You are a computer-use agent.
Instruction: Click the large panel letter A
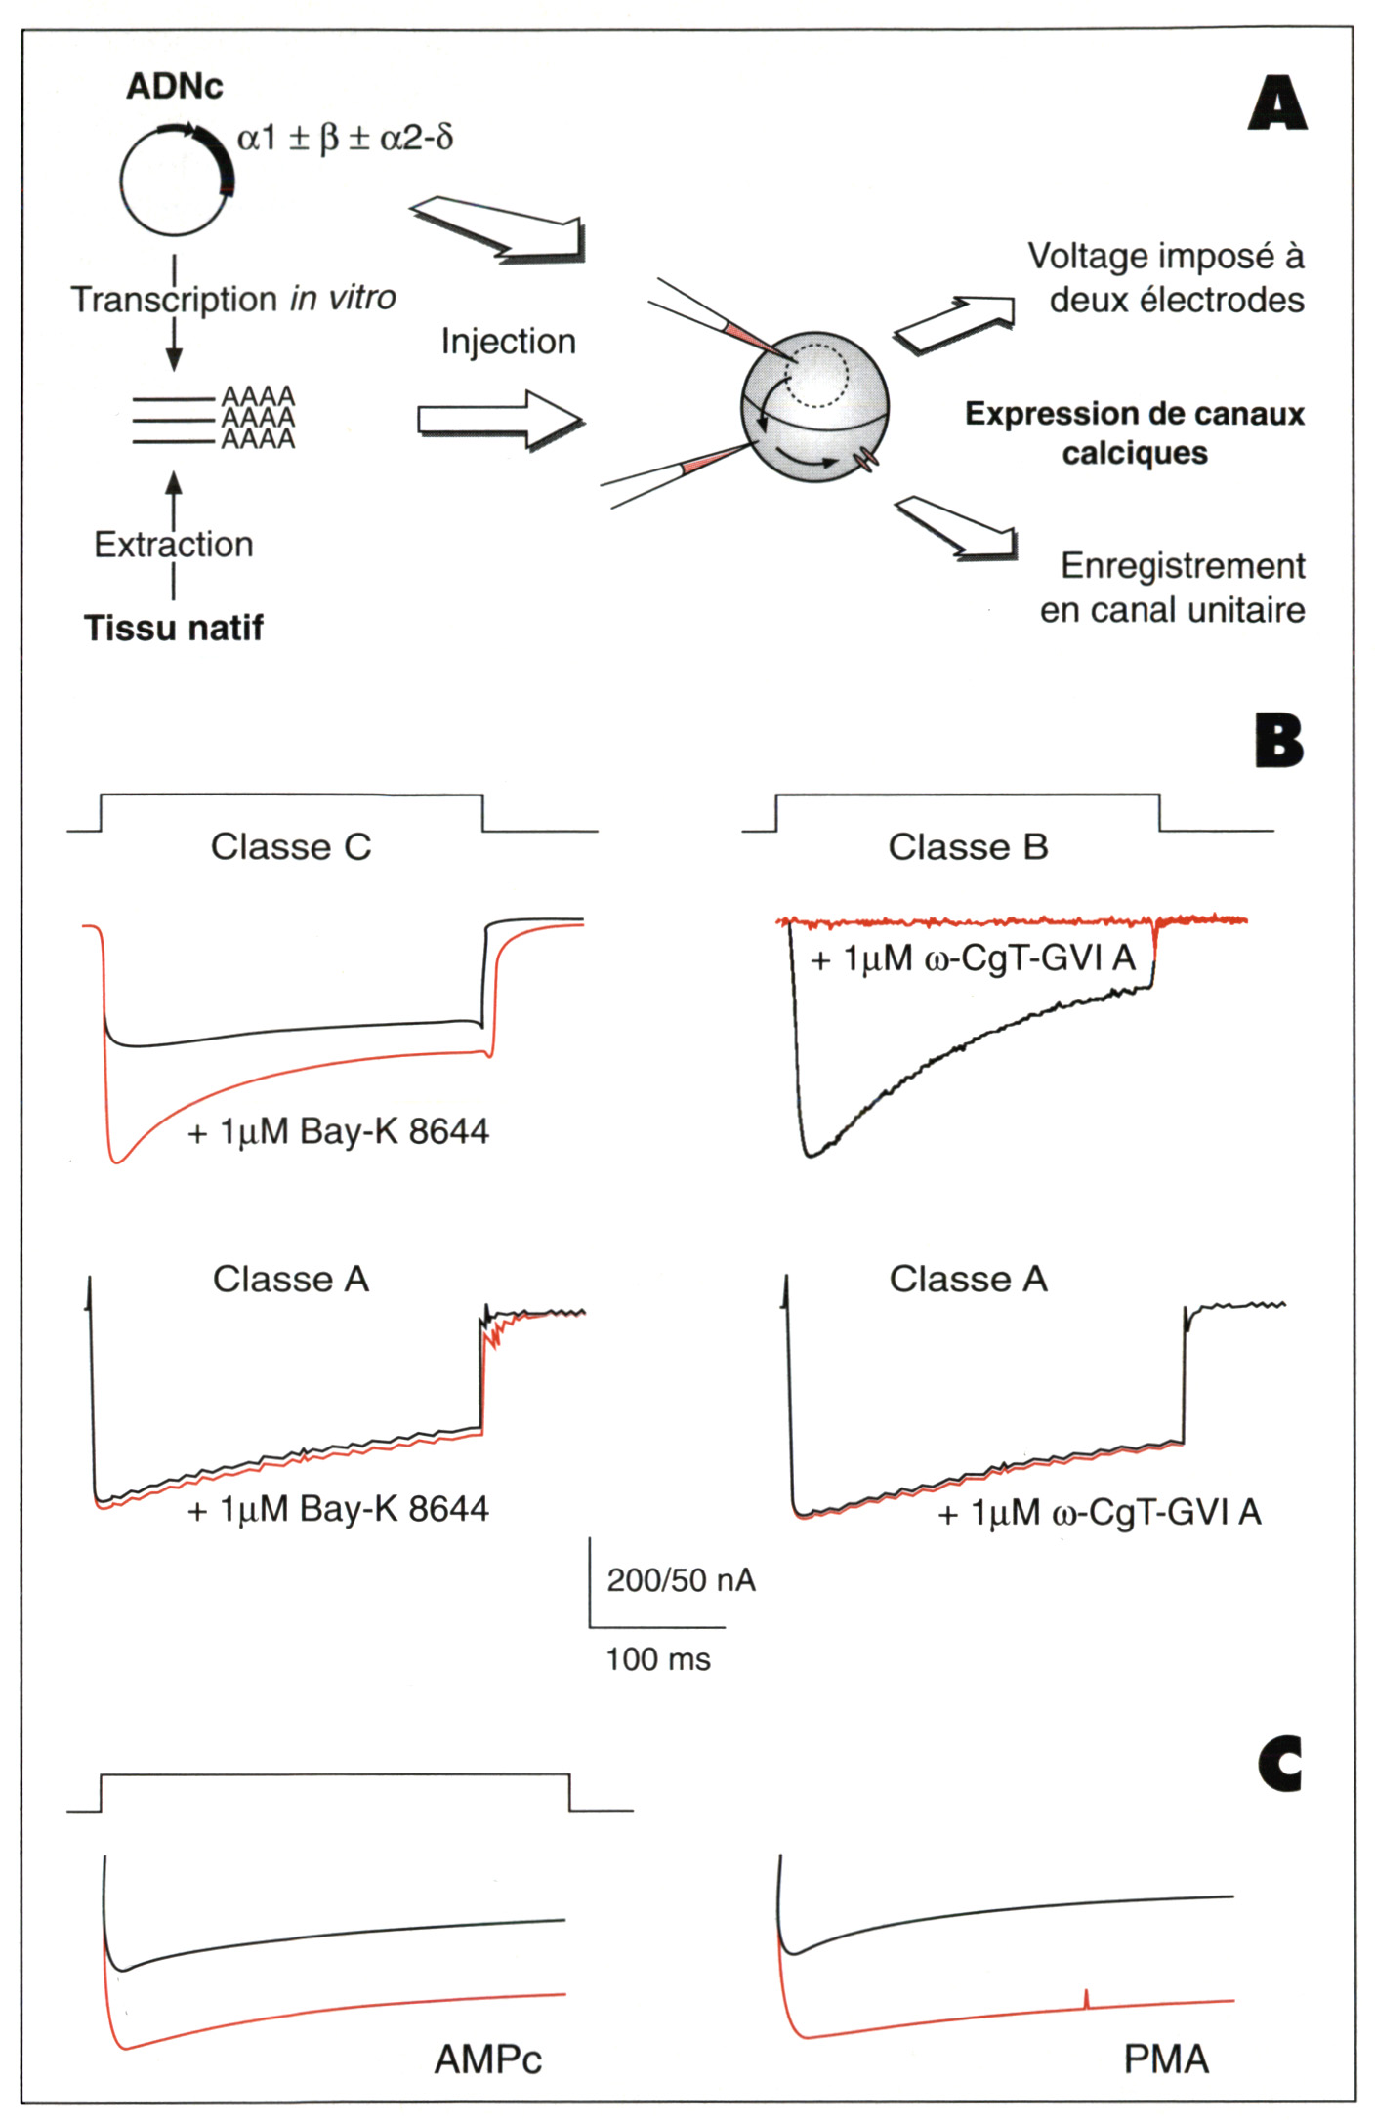pos(1276,104)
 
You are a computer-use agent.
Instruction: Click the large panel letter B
pos(1278,742)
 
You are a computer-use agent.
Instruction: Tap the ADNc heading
pos(174,86)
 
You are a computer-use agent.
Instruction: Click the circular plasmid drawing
pos(176,181)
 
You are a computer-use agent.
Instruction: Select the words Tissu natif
pos(174,628)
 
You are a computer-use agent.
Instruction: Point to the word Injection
pos(508,342)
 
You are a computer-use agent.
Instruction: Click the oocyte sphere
pos(814,406)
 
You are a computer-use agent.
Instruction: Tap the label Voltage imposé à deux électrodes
pos(1166,277)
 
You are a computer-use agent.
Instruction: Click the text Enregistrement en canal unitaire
pos(1173,588)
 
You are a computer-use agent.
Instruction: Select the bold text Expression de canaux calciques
pos(1135,432)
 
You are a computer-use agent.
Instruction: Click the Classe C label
pos(291,846)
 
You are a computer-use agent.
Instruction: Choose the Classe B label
pos(968,846)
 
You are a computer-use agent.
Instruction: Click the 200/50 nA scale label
pos(681,1579)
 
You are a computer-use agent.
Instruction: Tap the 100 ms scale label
pos(658,1658)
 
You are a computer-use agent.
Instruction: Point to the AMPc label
pos(488,2059)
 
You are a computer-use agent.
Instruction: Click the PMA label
pos(1166,2059)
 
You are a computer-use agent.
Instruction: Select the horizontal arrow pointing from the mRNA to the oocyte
pos(500,420)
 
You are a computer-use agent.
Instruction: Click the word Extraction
pos(174,544)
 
